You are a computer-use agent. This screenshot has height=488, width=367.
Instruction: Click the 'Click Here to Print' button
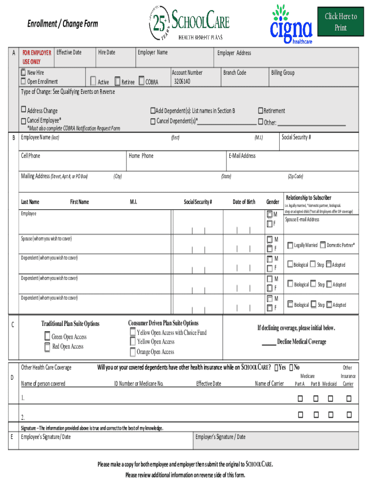coord(340,22)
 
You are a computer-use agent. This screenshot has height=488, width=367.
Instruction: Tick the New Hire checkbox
coord(23,73)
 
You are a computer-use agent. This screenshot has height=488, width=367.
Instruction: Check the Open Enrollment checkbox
coord(23,81)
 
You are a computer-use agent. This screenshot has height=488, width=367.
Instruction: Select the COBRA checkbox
coord(142,81)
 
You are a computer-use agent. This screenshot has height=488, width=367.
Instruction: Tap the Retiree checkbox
coord(117,81)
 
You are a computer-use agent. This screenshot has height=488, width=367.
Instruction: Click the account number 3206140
coord(182,81)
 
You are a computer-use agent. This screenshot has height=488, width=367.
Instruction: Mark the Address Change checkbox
coord(23,111)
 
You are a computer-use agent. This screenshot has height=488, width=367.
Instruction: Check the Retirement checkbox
coord(260,111)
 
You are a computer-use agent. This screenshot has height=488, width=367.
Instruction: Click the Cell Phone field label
coord(31,156)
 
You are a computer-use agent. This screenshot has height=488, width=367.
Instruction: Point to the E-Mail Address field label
coord(242,156)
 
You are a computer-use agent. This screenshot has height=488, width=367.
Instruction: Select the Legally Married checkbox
coord(290,245)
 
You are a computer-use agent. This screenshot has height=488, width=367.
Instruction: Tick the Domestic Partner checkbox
coord(323,245)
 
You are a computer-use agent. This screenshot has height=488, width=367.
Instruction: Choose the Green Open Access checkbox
coord(47,337)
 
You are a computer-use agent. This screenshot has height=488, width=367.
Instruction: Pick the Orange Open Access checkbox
coord(133,352)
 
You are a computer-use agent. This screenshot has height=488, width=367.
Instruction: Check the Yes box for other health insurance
coord(277,367)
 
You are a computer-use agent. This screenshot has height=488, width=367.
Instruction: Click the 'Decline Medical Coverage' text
coord(301,342)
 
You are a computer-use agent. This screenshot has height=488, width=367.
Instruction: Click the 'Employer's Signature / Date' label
coord(221,437)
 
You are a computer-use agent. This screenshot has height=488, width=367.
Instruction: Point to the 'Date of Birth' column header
coord(244,202)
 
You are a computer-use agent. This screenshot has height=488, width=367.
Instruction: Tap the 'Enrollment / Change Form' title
coord(62,24)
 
